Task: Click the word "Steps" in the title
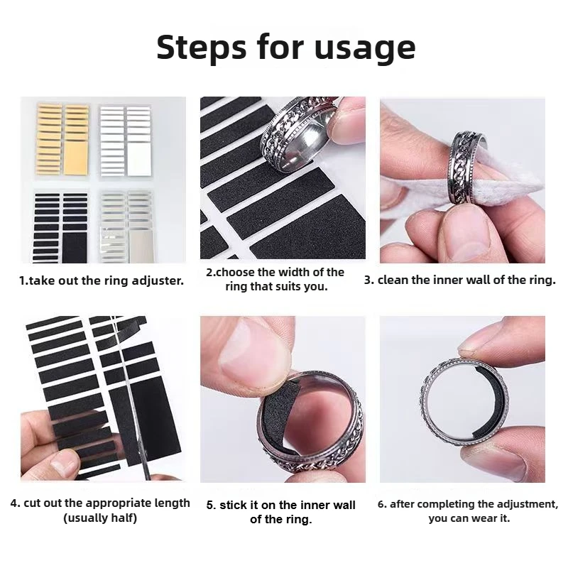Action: point(202,48)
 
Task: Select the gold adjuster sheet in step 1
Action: point(62,139)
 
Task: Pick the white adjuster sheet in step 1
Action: point(126,141)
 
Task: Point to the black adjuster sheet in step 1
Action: point(60,227)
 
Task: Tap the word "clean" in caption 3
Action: point(393,280)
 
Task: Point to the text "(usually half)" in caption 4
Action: point(100,518)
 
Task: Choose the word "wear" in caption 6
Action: point(486,518)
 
